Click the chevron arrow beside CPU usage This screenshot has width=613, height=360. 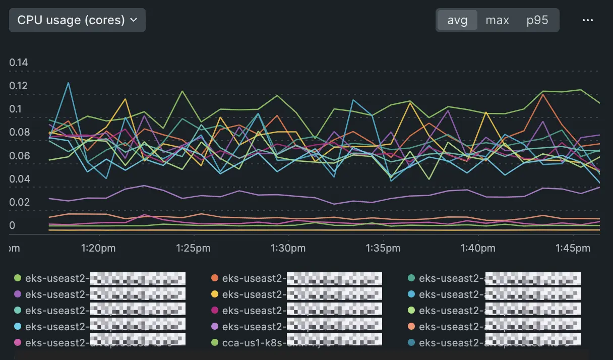click(x=134, y=20)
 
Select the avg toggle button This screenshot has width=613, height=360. click(x=457, y=20)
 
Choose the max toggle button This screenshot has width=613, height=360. click(x=497, y=20)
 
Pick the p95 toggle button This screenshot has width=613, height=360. click(x=537, y=20)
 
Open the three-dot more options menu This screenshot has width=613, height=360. click(x=587, y=20)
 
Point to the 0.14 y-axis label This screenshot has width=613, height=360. click(x=19, y=63)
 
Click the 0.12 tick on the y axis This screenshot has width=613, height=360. click(x=19, y=86)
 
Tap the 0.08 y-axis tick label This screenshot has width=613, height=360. click(x=19, y=133)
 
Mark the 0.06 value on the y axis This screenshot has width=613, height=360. click(x=19, y=156)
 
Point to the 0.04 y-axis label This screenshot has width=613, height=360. click(x=19, y=179)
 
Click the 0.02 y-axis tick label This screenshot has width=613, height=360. click(x=19, y=202)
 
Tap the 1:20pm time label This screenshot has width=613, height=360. click(x=99, y=248)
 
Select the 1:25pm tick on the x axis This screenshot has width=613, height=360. click(x=194, y=248)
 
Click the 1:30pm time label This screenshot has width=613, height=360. click(x=288, y=248)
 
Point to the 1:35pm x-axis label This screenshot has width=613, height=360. click(x=383, y=248)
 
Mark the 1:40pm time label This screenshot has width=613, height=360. click(x=477, y=248)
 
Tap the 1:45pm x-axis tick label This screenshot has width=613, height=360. click(x=572, y=248)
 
